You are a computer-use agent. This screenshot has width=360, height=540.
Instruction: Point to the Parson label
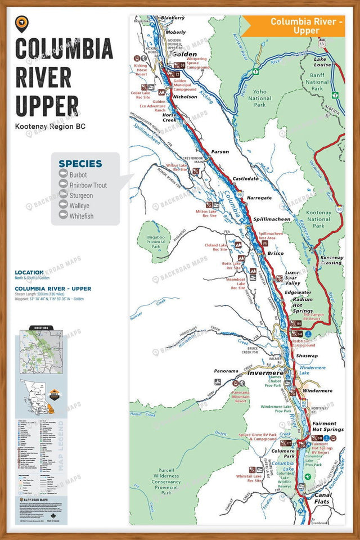pos(220,152)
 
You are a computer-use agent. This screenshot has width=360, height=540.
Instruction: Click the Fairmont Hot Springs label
pos(324,426)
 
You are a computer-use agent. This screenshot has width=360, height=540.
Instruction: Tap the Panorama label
pos(227,371)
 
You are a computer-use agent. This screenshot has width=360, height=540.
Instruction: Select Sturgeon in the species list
pos(82,195)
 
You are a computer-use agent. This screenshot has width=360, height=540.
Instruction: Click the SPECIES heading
pos(80,164)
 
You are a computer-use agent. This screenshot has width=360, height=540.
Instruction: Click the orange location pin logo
pos(22,22)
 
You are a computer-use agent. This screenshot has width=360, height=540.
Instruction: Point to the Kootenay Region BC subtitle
pos(51,127)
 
